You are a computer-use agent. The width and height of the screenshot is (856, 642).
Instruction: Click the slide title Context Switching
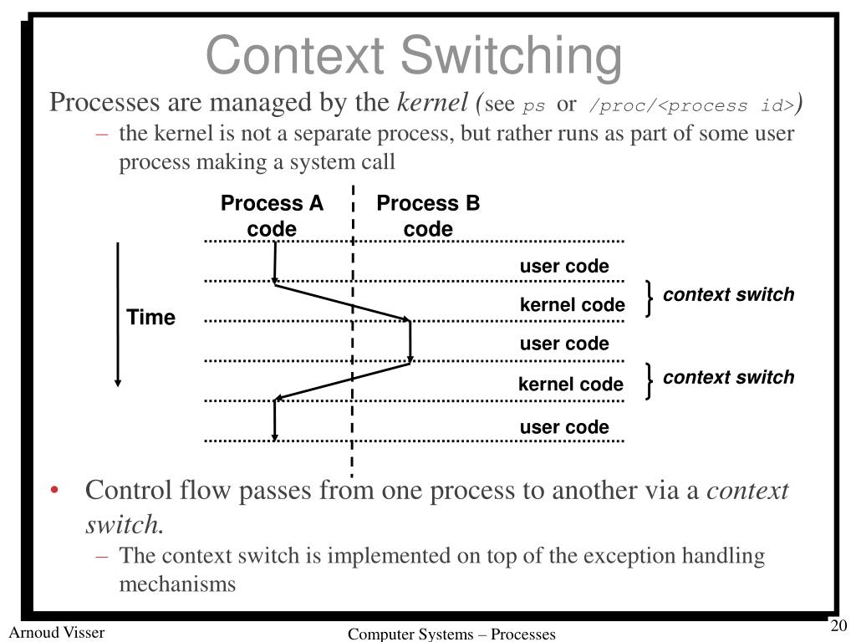coord(414,57)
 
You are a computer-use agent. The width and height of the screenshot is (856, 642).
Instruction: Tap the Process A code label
coord(272,216)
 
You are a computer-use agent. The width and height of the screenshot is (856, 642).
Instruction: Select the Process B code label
coord(428,216)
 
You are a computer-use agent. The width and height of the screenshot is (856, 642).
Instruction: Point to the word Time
coord(151,318)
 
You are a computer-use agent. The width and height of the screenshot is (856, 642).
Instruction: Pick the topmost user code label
coord(564,267)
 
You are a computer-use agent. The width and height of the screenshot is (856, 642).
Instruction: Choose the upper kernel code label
coord(572,305)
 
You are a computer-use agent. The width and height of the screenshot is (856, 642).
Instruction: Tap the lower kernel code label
coord(571,385)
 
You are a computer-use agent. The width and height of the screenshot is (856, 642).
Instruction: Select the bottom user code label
coord(564,427)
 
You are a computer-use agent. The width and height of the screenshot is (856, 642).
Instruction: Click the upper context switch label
coord(728,295)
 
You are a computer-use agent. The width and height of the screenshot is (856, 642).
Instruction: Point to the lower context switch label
coord(728,377)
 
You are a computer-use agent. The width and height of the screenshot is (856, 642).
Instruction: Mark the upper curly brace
coord(650,299)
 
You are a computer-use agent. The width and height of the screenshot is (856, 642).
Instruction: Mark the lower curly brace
coord(650,381)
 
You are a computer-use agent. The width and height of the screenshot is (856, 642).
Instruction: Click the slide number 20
coord(838,628)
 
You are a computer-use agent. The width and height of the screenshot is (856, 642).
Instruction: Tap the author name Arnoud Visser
coord(57,632)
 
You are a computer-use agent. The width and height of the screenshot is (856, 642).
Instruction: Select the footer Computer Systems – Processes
coord(451,634)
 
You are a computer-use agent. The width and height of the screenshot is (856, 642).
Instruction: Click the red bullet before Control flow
coord(54,490)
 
